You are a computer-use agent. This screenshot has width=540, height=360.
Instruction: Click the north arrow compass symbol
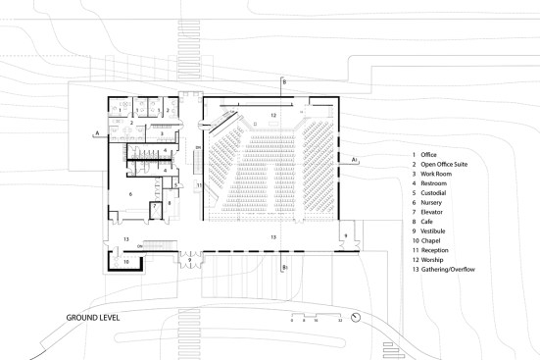356,317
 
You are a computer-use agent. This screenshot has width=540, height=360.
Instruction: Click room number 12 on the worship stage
274,116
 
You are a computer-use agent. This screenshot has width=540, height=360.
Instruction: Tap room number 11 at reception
199,183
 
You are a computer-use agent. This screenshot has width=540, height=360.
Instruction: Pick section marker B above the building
284,83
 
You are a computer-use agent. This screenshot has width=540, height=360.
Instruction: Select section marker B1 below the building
284,266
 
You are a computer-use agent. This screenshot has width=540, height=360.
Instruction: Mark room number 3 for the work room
163,132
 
